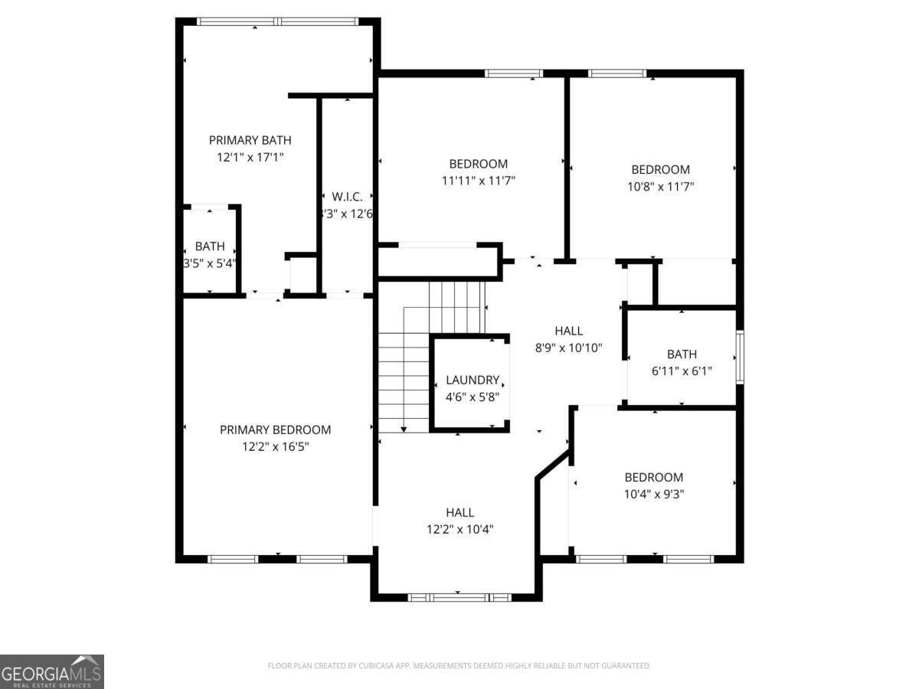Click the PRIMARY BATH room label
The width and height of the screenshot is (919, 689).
[250, 140]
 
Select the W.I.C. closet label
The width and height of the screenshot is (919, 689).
[347, 197]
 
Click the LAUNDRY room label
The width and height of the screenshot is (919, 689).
[473, 380]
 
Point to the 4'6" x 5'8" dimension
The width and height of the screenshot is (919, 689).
[473, 397]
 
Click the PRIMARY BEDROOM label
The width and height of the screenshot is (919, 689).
[275, 429]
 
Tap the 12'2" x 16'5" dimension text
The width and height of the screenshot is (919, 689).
[275, 446]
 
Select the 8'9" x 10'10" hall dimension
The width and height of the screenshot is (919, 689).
[568, 348]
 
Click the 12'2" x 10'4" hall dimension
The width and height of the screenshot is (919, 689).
[459, 529]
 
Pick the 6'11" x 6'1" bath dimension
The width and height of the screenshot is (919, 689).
[682, 371]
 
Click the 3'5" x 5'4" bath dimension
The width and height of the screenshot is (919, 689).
[209, 263]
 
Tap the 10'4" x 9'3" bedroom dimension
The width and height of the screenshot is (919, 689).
[653, 494]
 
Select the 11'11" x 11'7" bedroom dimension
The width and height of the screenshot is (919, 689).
[478, 181]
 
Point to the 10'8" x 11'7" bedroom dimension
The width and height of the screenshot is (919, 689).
[659, 186]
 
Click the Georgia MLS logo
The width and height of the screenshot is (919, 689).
[51, 671]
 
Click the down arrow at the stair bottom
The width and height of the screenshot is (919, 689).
[404, 429]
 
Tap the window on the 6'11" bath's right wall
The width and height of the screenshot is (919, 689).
[739, 357]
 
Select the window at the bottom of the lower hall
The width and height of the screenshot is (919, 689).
[459, 596]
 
